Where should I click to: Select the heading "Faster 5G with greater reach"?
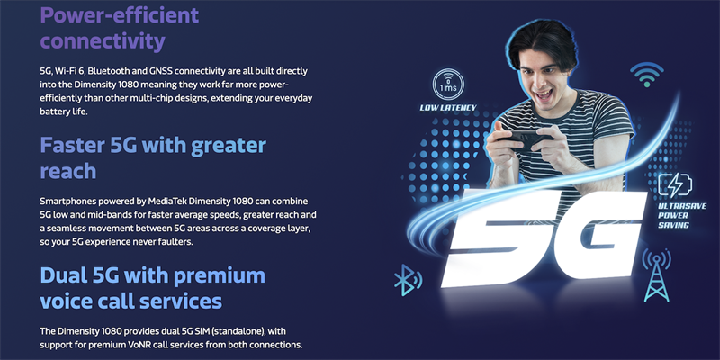click(152, 157)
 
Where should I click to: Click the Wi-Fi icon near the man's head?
click(644, 74)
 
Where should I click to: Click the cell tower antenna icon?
click(658, 274)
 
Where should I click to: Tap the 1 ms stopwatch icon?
click(446, 85)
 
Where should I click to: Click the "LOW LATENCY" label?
click(446, 107)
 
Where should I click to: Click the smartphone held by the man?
click(527, 140)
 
